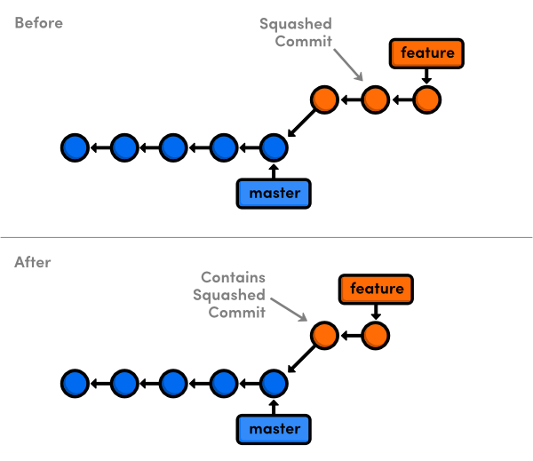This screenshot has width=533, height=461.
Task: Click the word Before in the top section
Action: (38, 23)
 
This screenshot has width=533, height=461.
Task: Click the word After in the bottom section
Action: (33, 262)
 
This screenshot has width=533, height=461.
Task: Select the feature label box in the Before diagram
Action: (427, 53)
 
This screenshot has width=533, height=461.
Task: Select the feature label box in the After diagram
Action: (377, 289)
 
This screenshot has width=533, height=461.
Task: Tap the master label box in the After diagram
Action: (274, 430)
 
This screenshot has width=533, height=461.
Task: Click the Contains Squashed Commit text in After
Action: (233, 294)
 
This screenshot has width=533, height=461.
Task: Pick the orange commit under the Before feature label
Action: (427, 99)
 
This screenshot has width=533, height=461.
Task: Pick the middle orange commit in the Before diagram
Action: (376, 99)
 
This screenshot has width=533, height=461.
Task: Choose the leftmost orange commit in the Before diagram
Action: (324, 99)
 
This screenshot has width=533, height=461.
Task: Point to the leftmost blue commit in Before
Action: (74, 147)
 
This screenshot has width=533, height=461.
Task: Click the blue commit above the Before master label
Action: (274, 147)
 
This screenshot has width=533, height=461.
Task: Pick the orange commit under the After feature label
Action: (376, 336)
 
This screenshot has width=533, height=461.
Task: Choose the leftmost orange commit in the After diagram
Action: (324, 336)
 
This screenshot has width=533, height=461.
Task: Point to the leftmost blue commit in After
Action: (74, 383)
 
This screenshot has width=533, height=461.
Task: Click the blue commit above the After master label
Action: (274, 383)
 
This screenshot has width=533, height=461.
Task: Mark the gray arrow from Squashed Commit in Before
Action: (349, 66)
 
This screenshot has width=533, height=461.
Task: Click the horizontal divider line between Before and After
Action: (266, 238)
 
